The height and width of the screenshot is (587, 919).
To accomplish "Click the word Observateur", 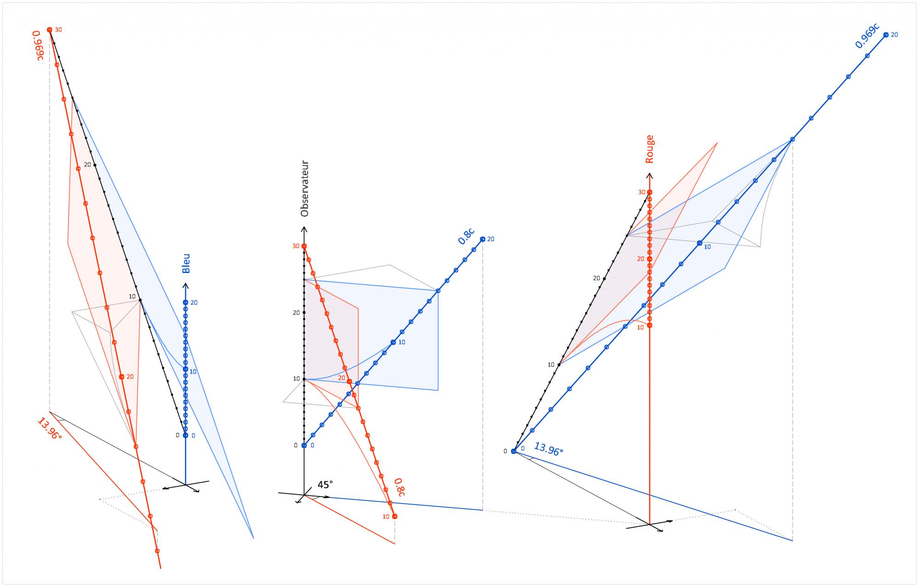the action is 304,188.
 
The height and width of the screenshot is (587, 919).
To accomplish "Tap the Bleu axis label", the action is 186,263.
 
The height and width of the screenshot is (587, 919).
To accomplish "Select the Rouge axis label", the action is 649,149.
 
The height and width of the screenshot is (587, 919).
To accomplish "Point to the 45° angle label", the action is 325,485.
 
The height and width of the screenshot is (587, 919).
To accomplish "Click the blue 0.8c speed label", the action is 466,235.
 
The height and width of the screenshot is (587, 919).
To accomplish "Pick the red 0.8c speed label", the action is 399,487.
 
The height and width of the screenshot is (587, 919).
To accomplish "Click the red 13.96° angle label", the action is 49,429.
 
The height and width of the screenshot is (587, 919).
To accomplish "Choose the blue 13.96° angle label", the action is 548,449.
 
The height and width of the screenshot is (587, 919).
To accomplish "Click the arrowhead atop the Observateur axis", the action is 304,229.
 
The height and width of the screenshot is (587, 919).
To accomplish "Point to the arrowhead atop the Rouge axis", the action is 649,175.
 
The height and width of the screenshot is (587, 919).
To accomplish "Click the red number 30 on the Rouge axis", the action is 641,192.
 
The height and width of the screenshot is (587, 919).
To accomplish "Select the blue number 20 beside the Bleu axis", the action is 194,302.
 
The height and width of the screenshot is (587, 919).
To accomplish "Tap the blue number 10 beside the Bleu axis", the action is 193,371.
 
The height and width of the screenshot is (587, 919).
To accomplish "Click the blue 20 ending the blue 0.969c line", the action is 894,34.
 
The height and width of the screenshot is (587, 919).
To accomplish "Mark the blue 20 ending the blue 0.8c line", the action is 491,239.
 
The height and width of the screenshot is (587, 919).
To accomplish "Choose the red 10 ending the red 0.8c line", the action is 386,517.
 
